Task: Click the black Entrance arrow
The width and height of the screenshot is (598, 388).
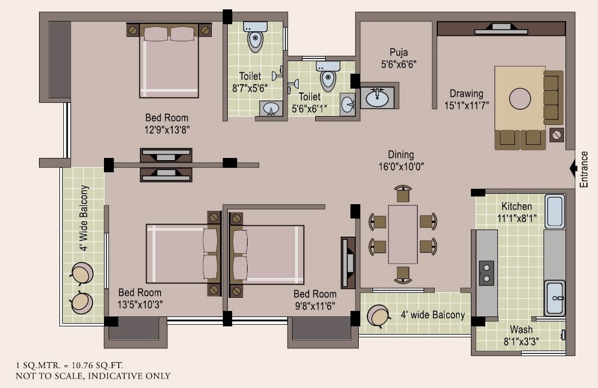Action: click(x=573, y=167)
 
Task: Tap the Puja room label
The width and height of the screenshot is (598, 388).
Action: click(x=399, y=52)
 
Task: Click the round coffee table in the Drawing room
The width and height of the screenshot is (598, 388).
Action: click(x=520, y=99)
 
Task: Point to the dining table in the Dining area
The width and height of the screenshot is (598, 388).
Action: click(x=403, y=234)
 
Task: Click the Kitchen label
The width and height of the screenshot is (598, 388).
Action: click(x=517, y=206)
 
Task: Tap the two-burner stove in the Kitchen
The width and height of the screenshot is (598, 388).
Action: click(x=486, y=273)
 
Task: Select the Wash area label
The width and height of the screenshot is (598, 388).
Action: click(x=520, y=330)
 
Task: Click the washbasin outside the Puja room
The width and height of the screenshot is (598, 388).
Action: click(x=377, y=97)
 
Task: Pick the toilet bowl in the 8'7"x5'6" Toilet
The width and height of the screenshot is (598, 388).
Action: click(x=255, y=40)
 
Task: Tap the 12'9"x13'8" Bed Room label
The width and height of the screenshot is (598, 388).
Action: click(x=167, y=118)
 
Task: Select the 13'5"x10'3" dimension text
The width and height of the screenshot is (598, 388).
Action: click(x=141, y=304)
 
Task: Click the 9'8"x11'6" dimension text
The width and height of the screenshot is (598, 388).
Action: click(x=315, y=305)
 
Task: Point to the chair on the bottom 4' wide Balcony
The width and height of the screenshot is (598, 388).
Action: click(x=379, y=315)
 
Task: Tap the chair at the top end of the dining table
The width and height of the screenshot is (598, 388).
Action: click(x=403, y=194)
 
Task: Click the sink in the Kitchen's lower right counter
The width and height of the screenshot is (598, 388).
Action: click(x=555, y=297)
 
